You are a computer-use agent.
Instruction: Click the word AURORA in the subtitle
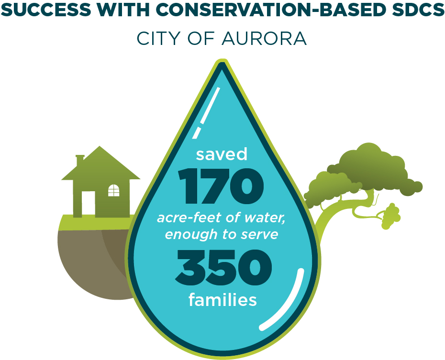(x=264, y=39)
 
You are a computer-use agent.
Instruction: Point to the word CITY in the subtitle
(x=160, y=39)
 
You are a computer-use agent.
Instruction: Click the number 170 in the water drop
(x=221, y=186)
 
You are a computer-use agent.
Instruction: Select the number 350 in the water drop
(x=223, y=268)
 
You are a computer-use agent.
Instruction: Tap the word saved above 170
(x=222, y=154)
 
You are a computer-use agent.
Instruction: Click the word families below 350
(x=222, y=299)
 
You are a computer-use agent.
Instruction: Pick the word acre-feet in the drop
(x=189, y=218)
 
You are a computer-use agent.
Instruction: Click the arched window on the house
(x=114, y=190)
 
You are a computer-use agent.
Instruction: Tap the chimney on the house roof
(x=80, y=161)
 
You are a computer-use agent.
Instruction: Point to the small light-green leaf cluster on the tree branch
(x=391, y=216)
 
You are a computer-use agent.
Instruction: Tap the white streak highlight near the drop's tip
(x=206, y=113)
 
